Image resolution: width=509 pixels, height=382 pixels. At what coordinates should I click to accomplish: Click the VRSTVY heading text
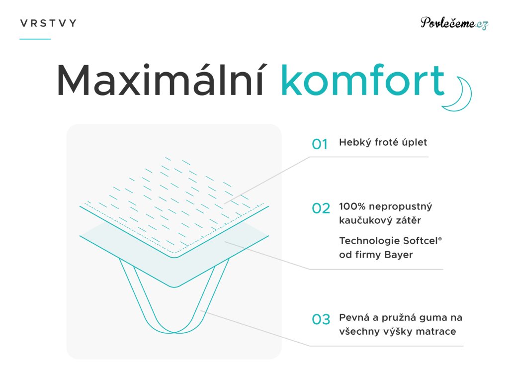[48, 23]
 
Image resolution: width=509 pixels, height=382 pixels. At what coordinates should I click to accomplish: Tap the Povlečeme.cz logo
[454, 23]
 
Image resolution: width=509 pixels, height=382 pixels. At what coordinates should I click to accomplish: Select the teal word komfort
[362, 80]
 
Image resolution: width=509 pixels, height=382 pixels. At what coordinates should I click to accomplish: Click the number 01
[320, 144]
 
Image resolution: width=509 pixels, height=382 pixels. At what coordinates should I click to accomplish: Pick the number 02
[321, 208]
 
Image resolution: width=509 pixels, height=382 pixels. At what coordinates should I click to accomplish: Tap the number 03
[321, 319]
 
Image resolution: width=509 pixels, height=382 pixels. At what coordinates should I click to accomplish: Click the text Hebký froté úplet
[383, 142]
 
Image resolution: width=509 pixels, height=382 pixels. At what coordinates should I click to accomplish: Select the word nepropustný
[400, 207]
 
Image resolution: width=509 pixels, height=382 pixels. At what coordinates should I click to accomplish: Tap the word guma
[433, 318]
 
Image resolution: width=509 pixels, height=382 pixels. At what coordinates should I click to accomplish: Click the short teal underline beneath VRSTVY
[35, 39]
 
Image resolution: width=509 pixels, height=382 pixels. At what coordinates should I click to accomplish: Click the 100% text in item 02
[352, 206]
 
